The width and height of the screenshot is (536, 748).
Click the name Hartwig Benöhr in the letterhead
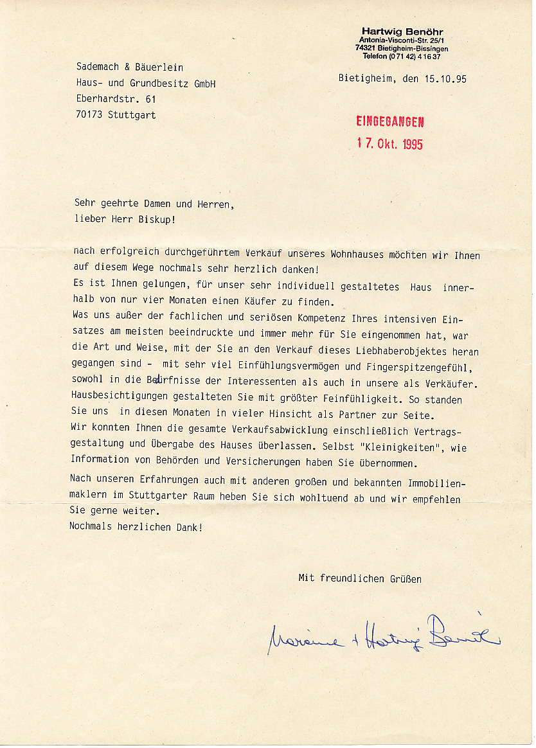[x=402, y=31]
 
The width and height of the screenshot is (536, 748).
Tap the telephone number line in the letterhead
[x=402, y=57]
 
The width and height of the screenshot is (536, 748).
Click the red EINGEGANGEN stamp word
[x=389, y=121]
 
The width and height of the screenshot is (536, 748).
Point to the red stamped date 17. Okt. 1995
[x=389, y=143]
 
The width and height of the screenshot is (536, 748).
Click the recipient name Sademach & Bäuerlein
[x=129, y=67]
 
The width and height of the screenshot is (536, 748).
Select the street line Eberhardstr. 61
[x=116, y=99]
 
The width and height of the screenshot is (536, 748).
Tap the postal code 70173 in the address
[x=89, y=115]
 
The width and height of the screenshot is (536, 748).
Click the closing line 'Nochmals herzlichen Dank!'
[x=136, y=527]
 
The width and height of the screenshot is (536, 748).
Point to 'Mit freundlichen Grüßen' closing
[x=360, y=578]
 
